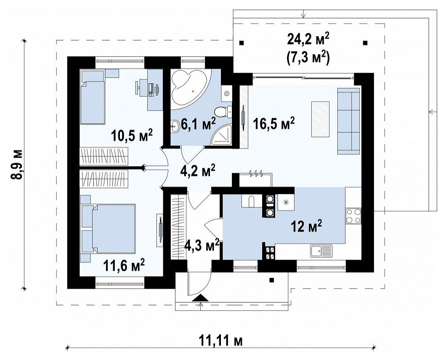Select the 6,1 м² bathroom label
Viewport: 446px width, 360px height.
pos(198,124)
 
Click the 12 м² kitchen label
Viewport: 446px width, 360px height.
pos(306,227)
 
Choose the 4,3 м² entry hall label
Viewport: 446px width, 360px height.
pos(202,245)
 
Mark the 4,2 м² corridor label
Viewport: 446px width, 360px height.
pos(198,171)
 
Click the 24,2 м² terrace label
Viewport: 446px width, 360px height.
pos(308,40)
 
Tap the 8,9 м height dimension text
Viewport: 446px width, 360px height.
pos(17,164)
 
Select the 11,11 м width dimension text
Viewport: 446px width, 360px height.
pos(220,341)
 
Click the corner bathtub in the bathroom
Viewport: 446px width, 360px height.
pos(191,89)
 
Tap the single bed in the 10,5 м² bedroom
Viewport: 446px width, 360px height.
pos(93,97)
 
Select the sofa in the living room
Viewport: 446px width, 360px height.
pos(348,121)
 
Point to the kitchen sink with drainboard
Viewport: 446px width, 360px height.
pos(321,251)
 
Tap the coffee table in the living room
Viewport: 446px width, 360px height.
pos(321,119)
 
